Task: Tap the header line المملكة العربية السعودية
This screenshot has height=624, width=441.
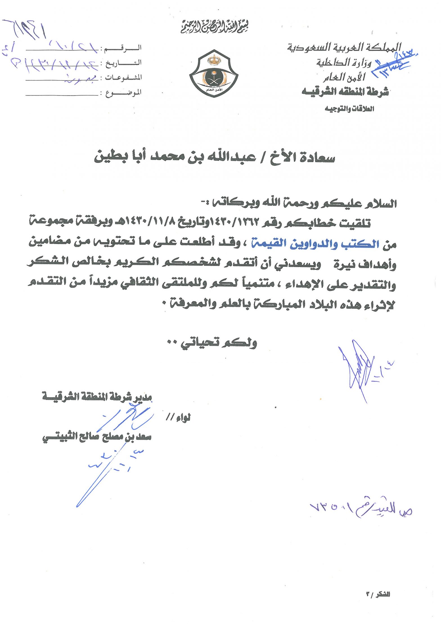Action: pos(344,47)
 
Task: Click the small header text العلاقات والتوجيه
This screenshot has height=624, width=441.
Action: pos(349,109)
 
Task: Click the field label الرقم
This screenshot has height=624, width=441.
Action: pos(123,48)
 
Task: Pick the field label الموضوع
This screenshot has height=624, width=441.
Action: pos(123,93)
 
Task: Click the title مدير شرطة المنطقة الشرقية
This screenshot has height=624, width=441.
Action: pos(97,397)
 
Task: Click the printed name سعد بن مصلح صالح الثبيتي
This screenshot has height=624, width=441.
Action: pos(97,437)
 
